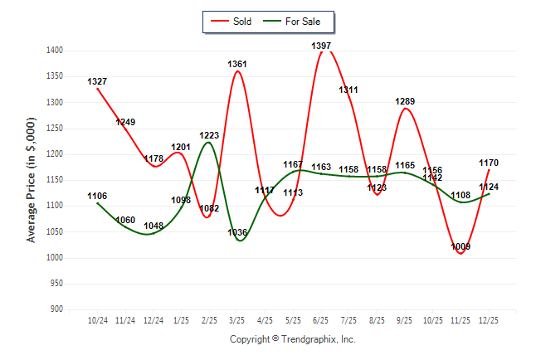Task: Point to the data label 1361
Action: click(x=237, y=64)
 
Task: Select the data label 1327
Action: click(x=97, y=81)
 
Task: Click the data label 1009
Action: click(x=460, y=246)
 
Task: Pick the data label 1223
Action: click(x=209, y=135)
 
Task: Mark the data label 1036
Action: click(x=237, y=232)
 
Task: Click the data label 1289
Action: click(x=405, y=101)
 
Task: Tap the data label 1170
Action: click(x=489, y=163)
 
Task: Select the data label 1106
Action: click(x=97, y=196)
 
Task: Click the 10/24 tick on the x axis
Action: click(x=98, y=320)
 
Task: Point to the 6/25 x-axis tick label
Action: click(x=321, y=320)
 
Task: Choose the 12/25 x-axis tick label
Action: click(x=489, y=320)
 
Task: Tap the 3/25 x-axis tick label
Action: click(x=237, y=320)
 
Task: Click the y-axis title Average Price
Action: click(x=32, y=180)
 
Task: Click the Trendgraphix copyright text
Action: click(x=292, y=339)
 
